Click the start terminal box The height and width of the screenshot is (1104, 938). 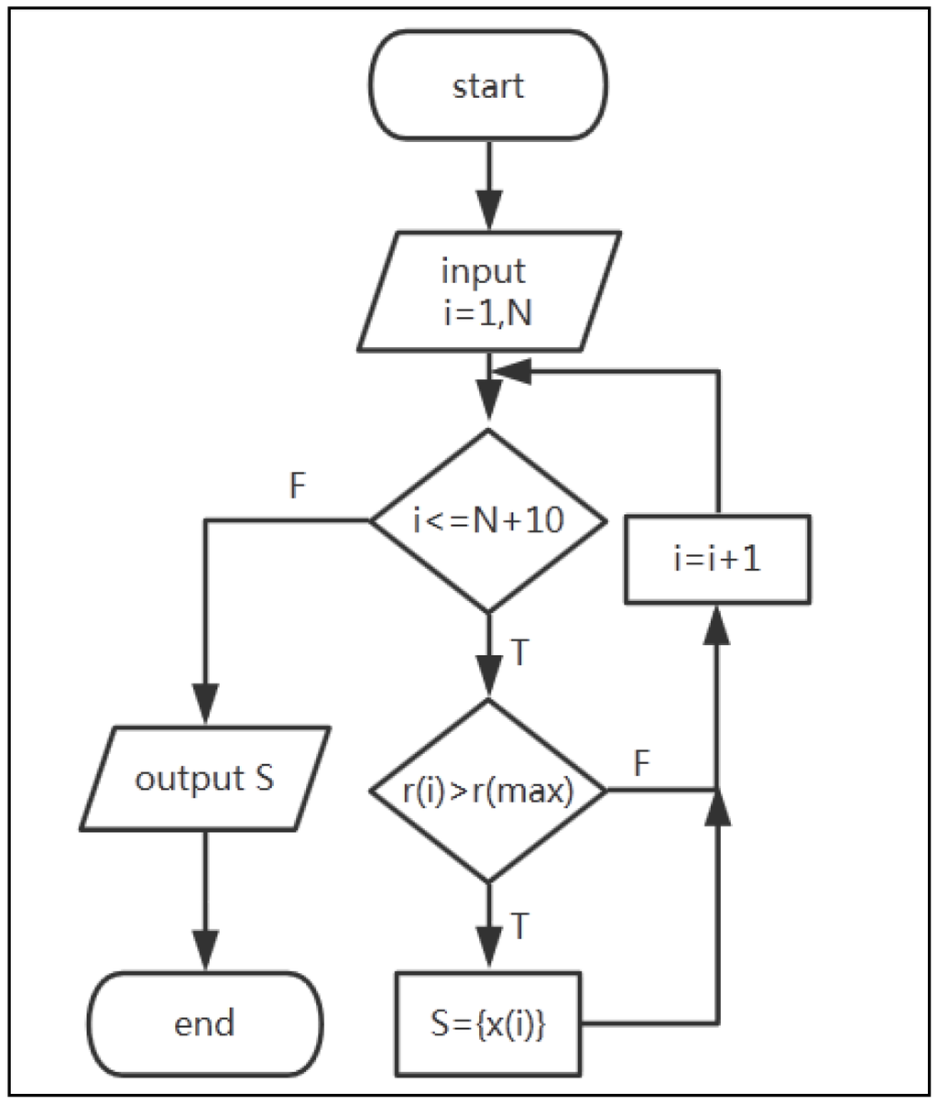(487, 86)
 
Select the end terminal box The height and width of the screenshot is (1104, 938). (205, 1022)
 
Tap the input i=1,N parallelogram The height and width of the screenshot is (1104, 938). (487, 291)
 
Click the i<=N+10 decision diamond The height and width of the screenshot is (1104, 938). (487, 520)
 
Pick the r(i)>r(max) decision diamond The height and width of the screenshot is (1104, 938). (487, 790)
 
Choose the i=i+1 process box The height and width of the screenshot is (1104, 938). (717, 559)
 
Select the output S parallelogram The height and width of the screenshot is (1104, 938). (205, 779)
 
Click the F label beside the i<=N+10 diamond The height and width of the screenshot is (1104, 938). (296, 486)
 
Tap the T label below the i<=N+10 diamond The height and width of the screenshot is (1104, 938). (518, 653)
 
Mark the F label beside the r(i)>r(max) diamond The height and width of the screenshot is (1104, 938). (642, 763)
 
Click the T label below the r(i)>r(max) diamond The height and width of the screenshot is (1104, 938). (518, 926)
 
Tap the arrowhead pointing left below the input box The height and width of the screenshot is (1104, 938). (513, 371)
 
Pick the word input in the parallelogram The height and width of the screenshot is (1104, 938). (484, 271)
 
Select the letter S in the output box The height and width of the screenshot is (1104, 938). (263, 779)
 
